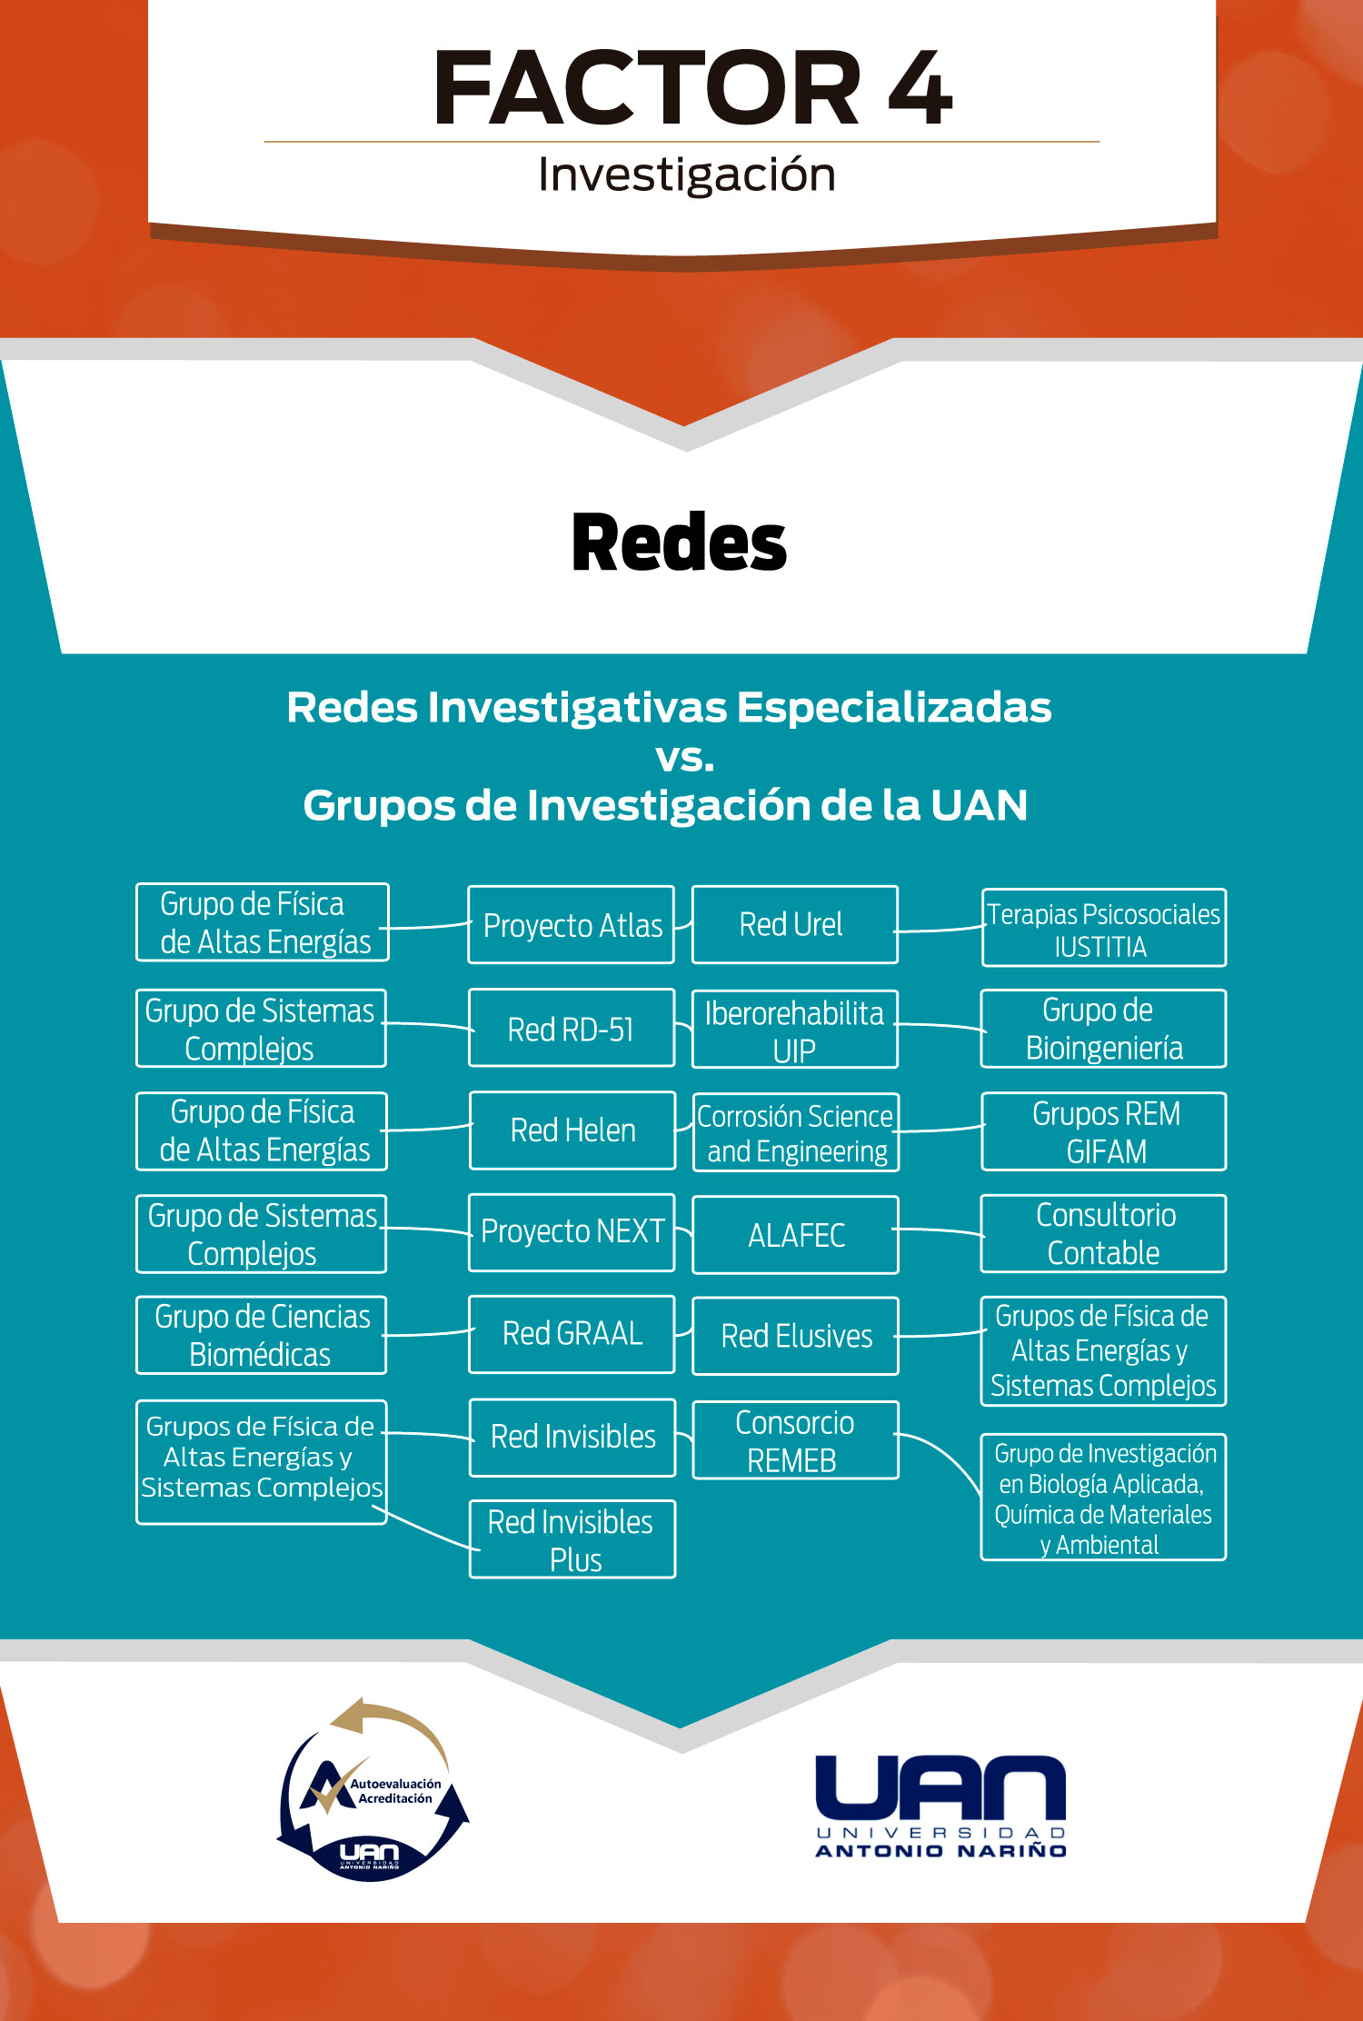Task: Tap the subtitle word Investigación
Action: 686,174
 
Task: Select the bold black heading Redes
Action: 679,543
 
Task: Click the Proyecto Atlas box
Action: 572,925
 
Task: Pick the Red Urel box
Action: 794,925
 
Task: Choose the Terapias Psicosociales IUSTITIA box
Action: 1103,929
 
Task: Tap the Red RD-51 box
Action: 572,1029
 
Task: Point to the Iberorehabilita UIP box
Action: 794,1030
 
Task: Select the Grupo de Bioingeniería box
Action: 1103,1029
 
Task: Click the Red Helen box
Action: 572,1130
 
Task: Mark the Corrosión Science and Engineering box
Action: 795,1132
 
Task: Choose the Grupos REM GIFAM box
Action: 1104,1131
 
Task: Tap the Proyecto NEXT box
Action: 572,1232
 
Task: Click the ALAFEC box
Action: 795,1235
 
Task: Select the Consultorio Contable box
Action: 1103,1233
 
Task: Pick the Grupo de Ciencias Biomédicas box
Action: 262,1335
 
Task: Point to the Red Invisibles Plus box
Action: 572,1539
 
